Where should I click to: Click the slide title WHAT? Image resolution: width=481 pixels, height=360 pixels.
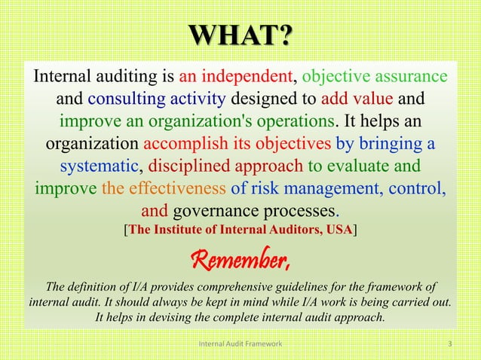pyautogui.click(x=240, y=35)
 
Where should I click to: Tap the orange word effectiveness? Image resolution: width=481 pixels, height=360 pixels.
pyautogui.click(x=178, y=187)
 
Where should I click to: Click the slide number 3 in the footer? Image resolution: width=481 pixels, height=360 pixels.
pyautogui.click(x=450, y=344)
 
